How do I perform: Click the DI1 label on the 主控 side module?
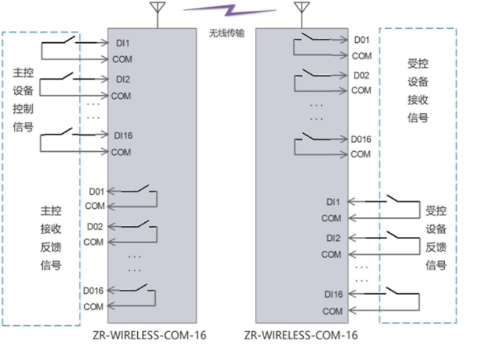point(122,43)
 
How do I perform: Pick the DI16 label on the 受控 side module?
point(333,294)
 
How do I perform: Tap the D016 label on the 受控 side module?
point(361,139)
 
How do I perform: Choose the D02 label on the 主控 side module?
point(94,227)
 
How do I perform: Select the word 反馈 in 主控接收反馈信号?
point(50,247)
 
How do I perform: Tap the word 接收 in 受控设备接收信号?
point(417,100)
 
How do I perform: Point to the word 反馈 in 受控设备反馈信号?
point(435,247)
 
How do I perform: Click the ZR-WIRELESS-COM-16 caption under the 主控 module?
point(151,335)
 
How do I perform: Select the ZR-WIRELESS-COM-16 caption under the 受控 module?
point(300,335)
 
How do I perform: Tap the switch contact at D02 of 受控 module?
point(312,72)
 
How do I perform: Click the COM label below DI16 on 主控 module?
point(121,152)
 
